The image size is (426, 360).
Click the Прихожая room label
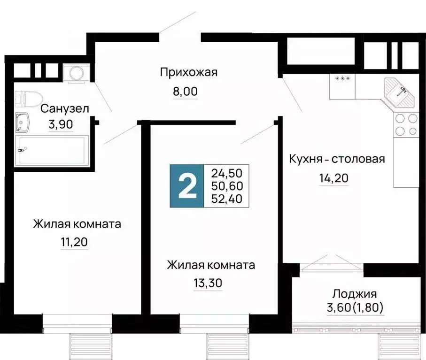click(x=188, y=72)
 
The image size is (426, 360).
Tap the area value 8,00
click(x=185, y=91)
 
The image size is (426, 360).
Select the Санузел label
click(x=65, y=109)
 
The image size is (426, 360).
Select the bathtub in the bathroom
click(x=51, y=150)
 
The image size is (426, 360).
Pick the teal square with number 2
click(x=187, y=186)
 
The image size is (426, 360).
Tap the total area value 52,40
click(x=227, y=199)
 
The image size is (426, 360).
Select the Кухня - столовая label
click(x=337, y=159)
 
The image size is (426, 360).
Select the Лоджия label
click(x=355, y=294)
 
